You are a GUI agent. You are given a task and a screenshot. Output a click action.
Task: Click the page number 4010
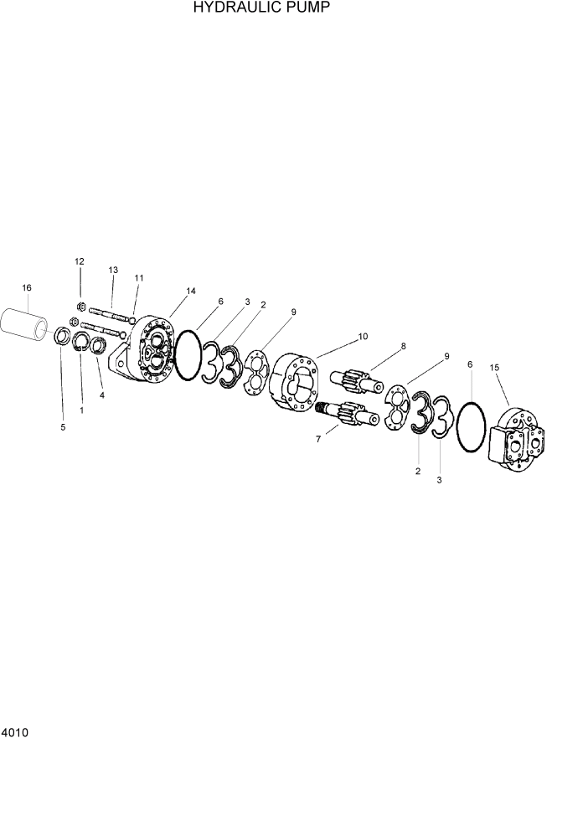click(x=15, y=732)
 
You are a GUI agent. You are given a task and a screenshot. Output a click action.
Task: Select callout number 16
click(x=27, y=288)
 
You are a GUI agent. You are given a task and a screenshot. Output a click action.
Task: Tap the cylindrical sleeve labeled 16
click(x=28, y=324)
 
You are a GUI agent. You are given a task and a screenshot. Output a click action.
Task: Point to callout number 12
click(x=80, y=262)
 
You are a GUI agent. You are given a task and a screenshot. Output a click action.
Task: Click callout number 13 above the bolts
click(x=113, y=270)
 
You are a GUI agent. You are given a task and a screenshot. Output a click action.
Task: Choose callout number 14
click(x=191, y=291)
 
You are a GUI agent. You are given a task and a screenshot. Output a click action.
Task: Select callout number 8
click(x=403, y=345)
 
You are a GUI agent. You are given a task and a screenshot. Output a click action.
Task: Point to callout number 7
click(x=318, y=439)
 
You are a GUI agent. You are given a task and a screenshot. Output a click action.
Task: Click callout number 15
click(x=494, y=367)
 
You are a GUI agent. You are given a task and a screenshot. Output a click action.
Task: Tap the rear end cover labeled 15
click(x=519, y=441)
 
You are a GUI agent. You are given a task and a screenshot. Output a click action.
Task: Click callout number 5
click(x=62, y=428)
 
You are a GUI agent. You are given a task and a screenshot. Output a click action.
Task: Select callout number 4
click(x=102, y=395)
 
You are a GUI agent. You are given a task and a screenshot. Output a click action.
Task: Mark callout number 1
click(x=81, y=410)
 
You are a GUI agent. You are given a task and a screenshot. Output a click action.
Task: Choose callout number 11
click(x=139, y=277)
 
